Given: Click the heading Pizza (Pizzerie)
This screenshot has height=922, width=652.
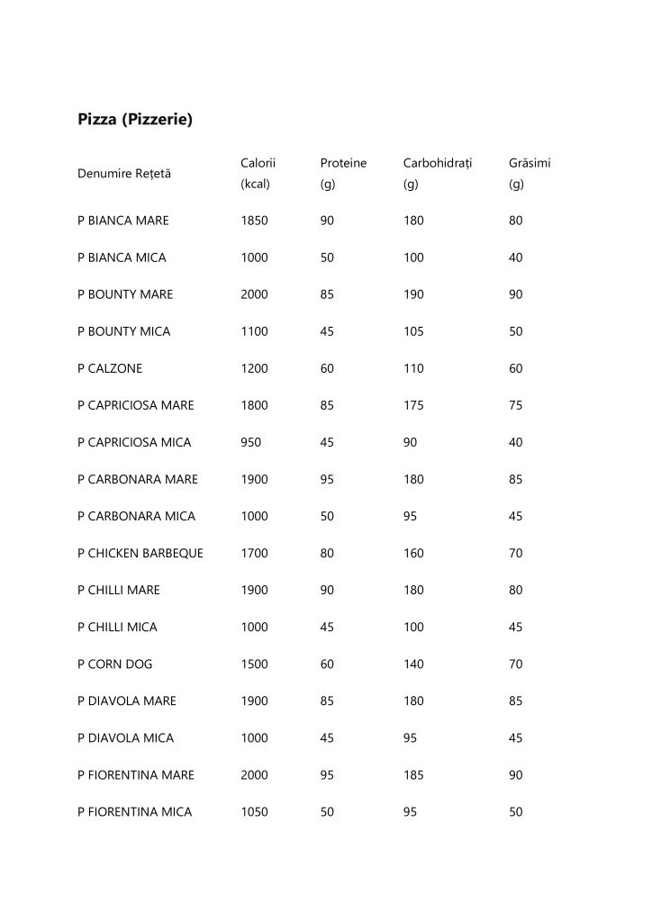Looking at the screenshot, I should coord(135,119).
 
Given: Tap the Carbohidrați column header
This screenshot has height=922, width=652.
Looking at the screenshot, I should coord(438,163).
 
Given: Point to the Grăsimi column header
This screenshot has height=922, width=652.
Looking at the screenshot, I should coord(530,163).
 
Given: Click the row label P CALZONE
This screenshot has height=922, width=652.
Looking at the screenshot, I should coord(110,368).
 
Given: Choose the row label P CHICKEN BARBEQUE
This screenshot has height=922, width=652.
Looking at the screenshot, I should coord(140,553).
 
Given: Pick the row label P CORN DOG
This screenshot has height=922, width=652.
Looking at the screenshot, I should coord(115,664).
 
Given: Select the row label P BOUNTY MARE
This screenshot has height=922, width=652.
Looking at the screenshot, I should coord(125,294).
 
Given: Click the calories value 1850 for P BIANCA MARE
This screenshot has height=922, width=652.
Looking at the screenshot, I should coord(255,221).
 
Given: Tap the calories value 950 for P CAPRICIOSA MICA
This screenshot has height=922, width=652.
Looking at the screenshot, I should coord(251,442).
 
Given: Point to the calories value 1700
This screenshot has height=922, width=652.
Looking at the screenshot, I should coord(255,553).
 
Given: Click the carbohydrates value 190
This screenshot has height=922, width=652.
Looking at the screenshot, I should coord(414,294).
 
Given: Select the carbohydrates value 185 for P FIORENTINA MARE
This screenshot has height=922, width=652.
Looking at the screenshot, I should coord(414,774).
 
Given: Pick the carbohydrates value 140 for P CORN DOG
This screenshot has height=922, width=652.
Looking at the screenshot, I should coord(414,664).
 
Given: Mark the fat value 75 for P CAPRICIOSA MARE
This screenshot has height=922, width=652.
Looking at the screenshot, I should coord(516,405).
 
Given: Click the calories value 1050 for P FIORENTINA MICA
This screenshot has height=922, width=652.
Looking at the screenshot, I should coord(255,811).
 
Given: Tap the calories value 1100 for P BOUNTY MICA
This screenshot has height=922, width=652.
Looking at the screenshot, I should coord(255,331).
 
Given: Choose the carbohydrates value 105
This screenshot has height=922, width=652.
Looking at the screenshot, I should coord(414,331).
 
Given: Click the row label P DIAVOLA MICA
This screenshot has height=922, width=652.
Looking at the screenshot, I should coord(126,737).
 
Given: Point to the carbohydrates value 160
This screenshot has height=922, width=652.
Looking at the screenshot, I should coord(414,553).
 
